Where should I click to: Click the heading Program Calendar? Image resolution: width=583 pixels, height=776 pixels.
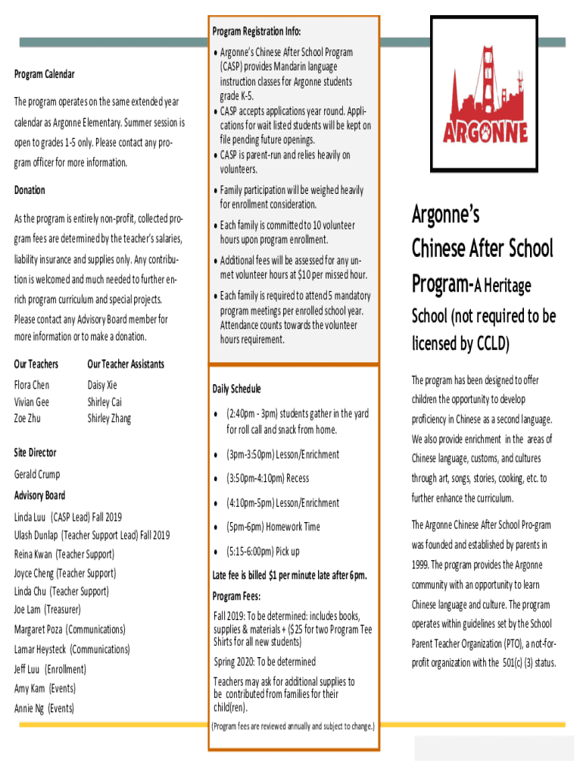point(45,74)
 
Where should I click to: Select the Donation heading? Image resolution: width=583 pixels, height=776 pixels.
point(30,190)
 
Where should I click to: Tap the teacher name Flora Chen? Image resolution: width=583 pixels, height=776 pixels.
point(32,385)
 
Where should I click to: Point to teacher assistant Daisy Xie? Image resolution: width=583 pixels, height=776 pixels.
point(102,385)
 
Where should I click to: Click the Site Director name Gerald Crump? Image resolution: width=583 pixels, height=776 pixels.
point(37,474)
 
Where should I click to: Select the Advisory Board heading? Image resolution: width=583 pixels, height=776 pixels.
point(39,496)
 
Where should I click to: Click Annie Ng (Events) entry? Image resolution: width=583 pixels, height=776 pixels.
point(44,709)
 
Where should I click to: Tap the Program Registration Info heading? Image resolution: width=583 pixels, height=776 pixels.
point(256,31)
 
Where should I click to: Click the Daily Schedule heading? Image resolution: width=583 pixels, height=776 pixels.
point(236,389)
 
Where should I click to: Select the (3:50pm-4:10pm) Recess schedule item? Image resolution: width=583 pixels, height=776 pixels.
point(267,478)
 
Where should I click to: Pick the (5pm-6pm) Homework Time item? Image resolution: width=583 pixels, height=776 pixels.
point(273,527)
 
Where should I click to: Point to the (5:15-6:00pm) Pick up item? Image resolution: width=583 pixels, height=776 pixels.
point(263,551)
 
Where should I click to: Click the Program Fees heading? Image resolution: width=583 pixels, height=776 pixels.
point(237,596)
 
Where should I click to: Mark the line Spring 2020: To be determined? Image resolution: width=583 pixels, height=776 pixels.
point(264,662)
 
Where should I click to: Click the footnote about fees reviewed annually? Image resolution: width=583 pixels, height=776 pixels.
point(292,726)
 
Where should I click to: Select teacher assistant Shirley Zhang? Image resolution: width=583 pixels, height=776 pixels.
point(109,418)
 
